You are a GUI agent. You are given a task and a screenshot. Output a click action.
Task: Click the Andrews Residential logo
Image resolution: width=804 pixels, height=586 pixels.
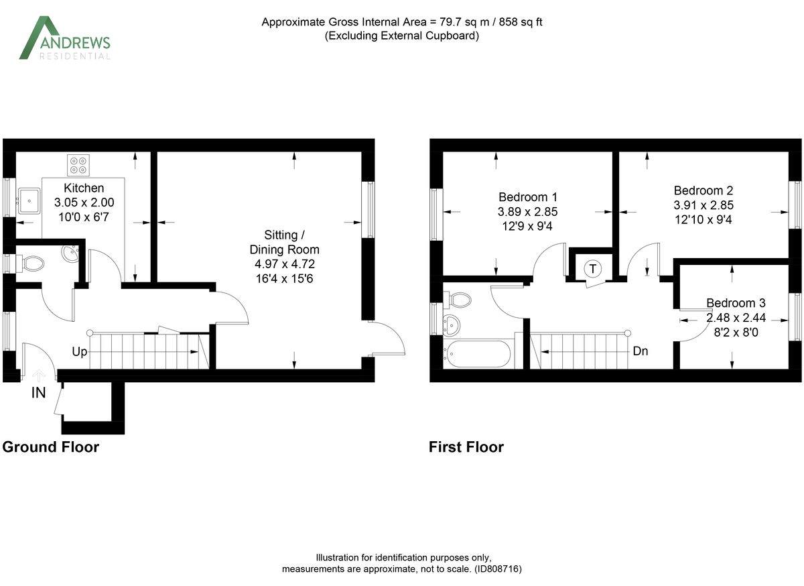click(64, 38)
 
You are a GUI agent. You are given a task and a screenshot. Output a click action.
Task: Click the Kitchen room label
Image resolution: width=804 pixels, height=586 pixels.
click(84, 188)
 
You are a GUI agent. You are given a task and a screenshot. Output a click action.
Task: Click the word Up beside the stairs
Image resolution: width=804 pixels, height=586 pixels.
click(80, 351)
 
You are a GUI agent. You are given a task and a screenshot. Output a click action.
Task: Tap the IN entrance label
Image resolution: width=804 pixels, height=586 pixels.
click(39, 393)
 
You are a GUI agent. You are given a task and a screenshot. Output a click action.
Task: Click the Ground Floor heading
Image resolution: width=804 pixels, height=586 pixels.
click(51, 447)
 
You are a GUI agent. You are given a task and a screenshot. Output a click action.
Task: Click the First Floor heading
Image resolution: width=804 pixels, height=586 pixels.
click(466, 447)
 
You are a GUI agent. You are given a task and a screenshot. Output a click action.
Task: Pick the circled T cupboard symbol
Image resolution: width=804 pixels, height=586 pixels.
click(592, 268)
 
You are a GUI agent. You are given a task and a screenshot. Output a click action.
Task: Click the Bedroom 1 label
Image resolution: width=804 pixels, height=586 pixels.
click(528, 197)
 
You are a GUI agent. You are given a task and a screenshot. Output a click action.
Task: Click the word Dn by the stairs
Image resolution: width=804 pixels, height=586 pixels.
click(640, 351)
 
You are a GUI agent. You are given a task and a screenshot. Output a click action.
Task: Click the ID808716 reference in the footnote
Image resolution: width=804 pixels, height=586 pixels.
click(497, 569)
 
